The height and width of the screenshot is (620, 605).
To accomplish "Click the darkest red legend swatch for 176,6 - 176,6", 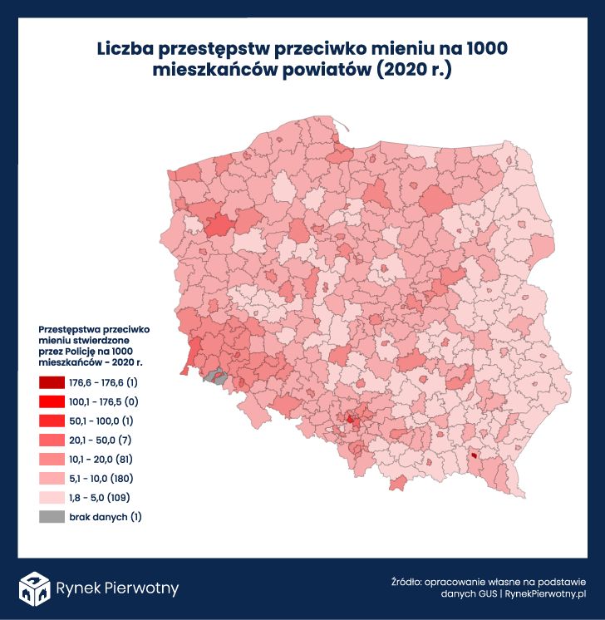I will click(x=51, y=383).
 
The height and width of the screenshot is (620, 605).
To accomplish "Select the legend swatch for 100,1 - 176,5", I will click(x=51, y=402).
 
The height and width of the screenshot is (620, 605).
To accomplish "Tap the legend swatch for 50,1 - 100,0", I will click(x=51, y=421).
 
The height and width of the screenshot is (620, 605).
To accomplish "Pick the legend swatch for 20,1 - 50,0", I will click(x=51, y=440).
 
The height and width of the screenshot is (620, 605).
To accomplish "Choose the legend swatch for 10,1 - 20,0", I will click(x=51, y=460).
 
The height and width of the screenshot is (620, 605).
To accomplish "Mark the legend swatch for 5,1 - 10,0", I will click(x=51, y=479).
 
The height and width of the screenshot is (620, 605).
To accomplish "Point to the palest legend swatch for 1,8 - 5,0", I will click(x=51, y=498).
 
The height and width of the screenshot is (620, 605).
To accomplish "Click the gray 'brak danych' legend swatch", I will click(x=51, y=517).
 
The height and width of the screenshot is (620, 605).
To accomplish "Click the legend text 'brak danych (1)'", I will click(x=106, y=517).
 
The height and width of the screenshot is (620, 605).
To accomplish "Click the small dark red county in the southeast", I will click(x=474, y=455).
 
